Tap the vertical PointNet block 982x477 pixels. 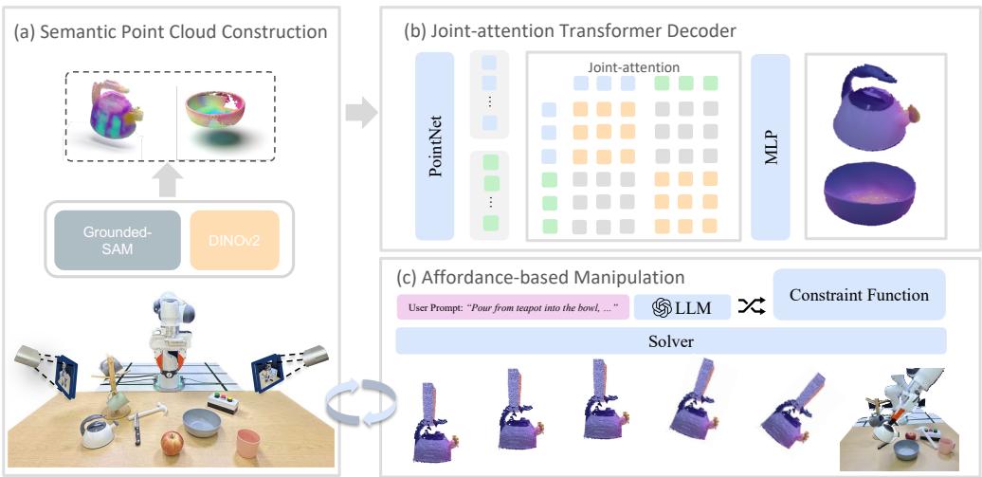tap(436, 145)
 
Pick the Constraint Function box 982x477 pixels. tap(860, 295)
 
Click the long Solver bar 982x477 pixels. tap(670, 340)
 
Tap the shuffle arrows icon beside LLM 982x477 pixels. tap(752, 306)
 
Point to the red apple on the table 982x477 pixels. tap(171, 441)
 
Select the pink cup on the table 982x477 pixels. tap(249, 441)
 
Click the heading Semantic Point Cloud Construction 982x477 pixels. tap(171, 31)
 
